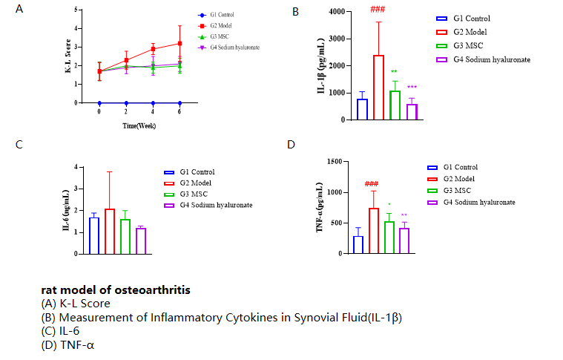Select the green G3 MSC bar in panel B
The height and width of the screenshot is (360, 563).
[395, 105]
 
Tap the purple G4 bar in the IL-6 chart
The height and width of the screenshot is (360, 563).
[141, 240]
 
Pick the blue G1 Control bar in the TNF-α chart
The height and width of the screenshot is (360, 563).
[358, 245]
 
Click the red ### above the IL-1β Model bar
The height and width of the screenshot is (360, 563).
[378, 10]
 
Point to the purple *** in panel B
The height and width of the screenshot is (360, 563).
[412, 88]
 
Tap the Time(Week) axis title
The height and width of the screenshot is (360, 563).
[139, 126]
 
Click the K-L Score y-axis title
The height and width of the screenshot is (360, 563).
[68, 56]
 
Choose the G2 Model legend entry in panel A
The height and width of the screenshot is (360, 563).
[223, 26]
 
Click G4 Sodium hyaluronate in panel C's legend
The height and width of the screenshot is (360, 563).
[215, 205]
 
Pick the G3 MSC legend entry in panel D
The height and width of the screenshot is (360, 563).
[459, 190]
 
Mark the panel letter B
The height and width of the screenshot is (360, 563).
[295, 12]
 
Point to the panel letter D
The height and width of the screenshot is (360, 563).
[291, 143]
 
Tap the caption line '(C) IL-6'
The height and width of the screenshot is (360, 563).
[65, 332]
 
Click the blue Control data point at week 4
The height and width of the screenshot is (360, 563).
[153, 102]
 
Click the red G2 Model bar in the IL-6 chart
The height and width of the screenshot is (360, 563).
[110, 231]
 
